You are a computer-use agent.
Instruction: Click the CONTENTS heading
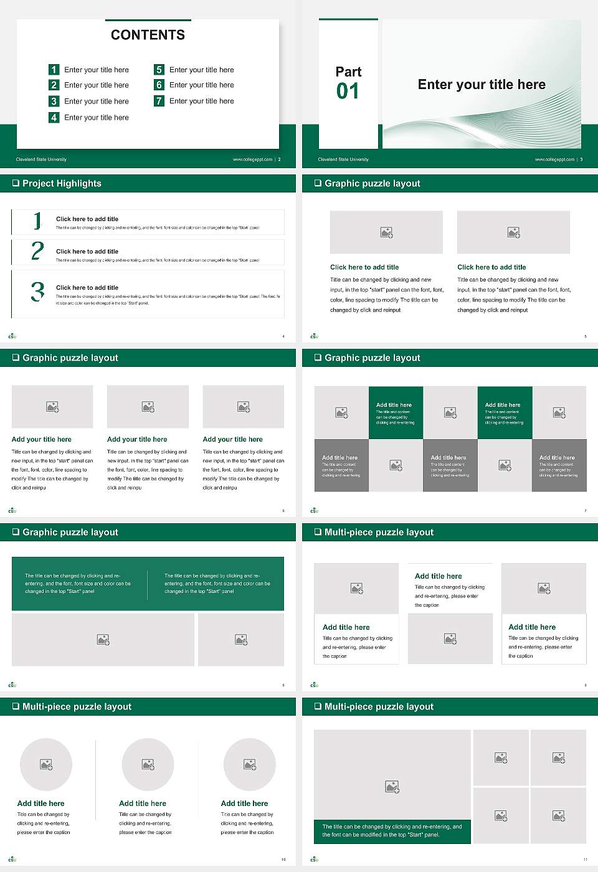148,35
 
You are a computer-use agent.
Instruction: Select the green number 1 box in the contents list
54,70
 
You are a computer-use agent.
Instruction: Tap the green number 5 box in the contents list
159,70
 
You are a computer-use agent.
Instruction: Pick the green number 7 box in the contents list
159,101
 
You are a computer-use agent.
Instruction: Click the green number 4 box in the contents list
54,117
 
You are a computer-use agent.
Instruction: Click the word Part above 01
348,72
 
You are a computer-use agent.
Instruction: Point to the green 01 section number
348,92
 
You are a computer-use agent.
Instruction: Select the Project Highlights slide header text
62,183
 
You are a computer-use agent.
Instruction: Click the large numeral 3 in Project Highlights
37,291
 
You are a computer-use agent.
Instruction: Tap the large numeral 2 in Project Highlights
37,251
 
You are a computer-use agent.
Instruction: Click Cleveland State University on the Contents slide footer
41,159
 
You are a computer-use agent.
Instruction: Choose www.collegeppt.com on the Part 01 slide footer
554,159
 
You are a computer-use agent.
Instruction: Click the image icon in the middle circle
148,764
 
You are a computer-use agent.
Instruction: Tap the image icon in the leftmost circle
46,764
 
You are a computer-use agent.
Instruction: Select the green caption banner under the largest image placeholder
392,831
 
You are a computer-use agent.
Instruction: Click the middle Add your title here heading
137,439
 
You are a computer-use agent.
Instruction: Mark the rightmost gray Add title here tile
559,465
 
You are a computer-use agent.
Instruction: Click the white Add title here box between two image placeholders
450,589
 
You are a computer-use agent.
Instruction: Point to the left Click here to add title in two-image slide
364,267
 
